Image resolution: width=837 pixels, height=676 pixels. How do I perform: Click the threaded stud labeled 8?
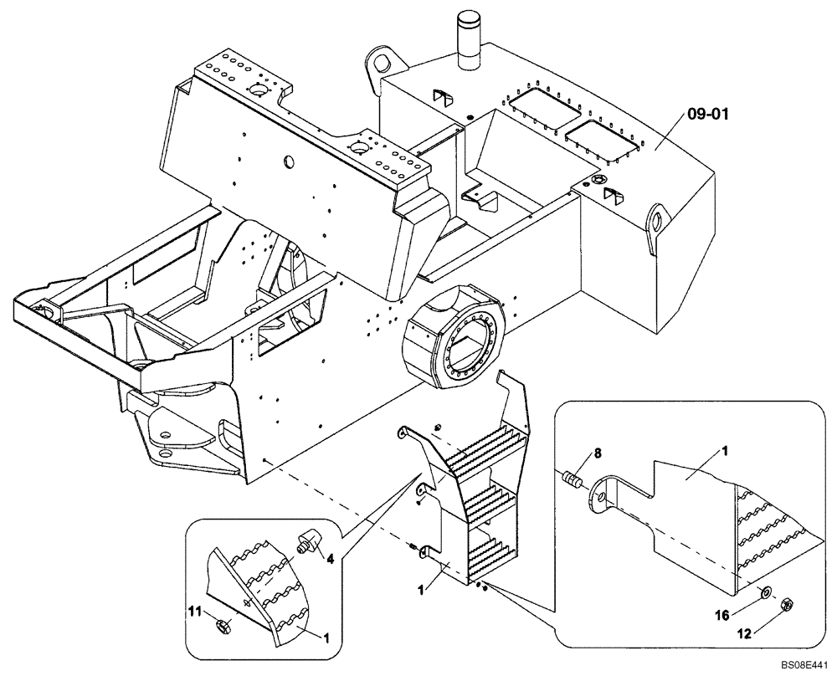(x=572, y=482)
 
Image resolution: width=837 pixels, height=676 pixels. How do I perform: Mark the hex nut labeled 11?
(x=223, y=624)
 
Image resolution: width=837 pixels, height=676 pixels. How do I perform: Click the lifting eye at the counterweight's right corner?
(x=657, y=222)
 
